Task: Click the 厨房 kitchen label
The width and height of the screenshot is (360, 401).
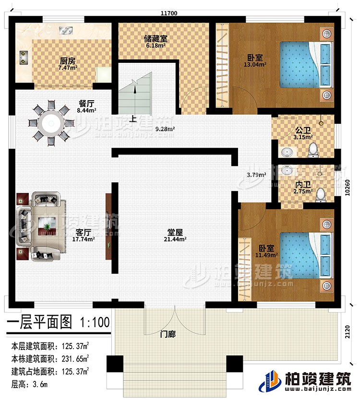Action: (x=67, y=61)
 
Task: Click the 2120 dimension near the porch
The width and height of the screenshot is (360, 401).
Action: (x=349, y=332)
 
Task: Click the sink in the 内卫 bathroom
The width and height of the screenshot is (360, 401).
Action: (x=287, y=171)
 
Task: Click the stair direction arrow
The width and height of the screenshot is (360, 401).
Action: (x=136, y=86)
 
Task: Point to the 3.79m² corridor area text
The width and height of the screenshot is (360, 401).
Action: (x=256, y=175)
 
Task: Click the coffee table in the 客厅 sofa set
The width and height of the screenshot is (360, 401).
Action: (x=48, y=224)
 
